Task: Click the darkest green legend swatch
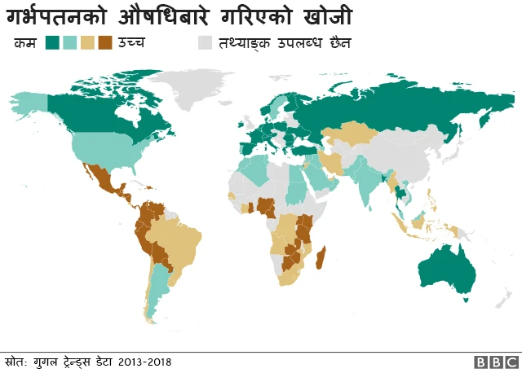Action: tap(52, 42)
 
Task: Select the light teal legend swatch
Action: tap(70, 42)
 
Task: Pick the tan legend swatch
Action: tap(88, 42)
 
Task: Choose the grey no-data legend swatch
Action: tap(204, 42)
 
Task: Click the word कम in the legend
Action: tap(24, 42)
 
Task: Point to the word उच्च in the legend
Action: tap(132, 42)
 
